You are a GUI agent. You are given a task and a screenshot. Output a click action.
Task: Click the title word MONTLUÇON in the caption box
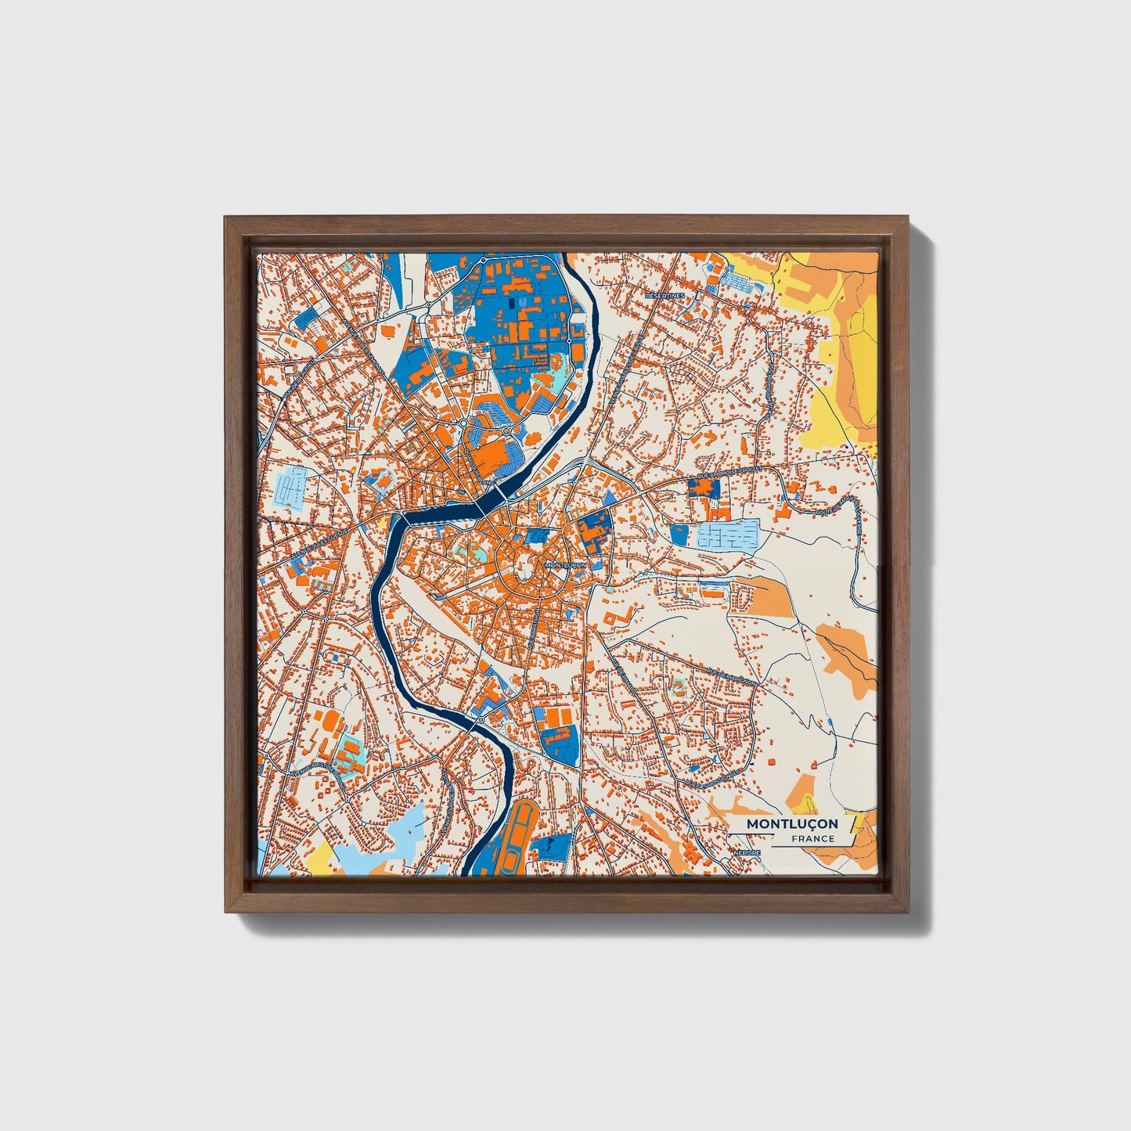click(x=791, y=824)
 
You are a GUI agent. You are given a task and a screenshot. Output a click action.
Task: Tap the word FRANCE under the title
click(x=812, y=839)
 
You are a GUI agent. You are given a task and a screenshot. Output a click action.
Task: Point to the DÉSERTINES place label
click(x=665, y=296)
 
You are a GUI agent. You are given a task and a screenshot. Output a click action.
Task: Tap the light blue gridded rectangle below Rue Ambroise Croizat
click(x=728, y=536)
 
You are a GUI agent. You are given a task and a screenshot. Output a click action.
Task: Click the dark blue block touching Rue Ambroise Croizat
click(x=704, y=488)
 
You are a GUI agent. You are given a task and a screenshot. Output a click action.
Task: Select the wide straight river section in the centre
click(x=442, y=515)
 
